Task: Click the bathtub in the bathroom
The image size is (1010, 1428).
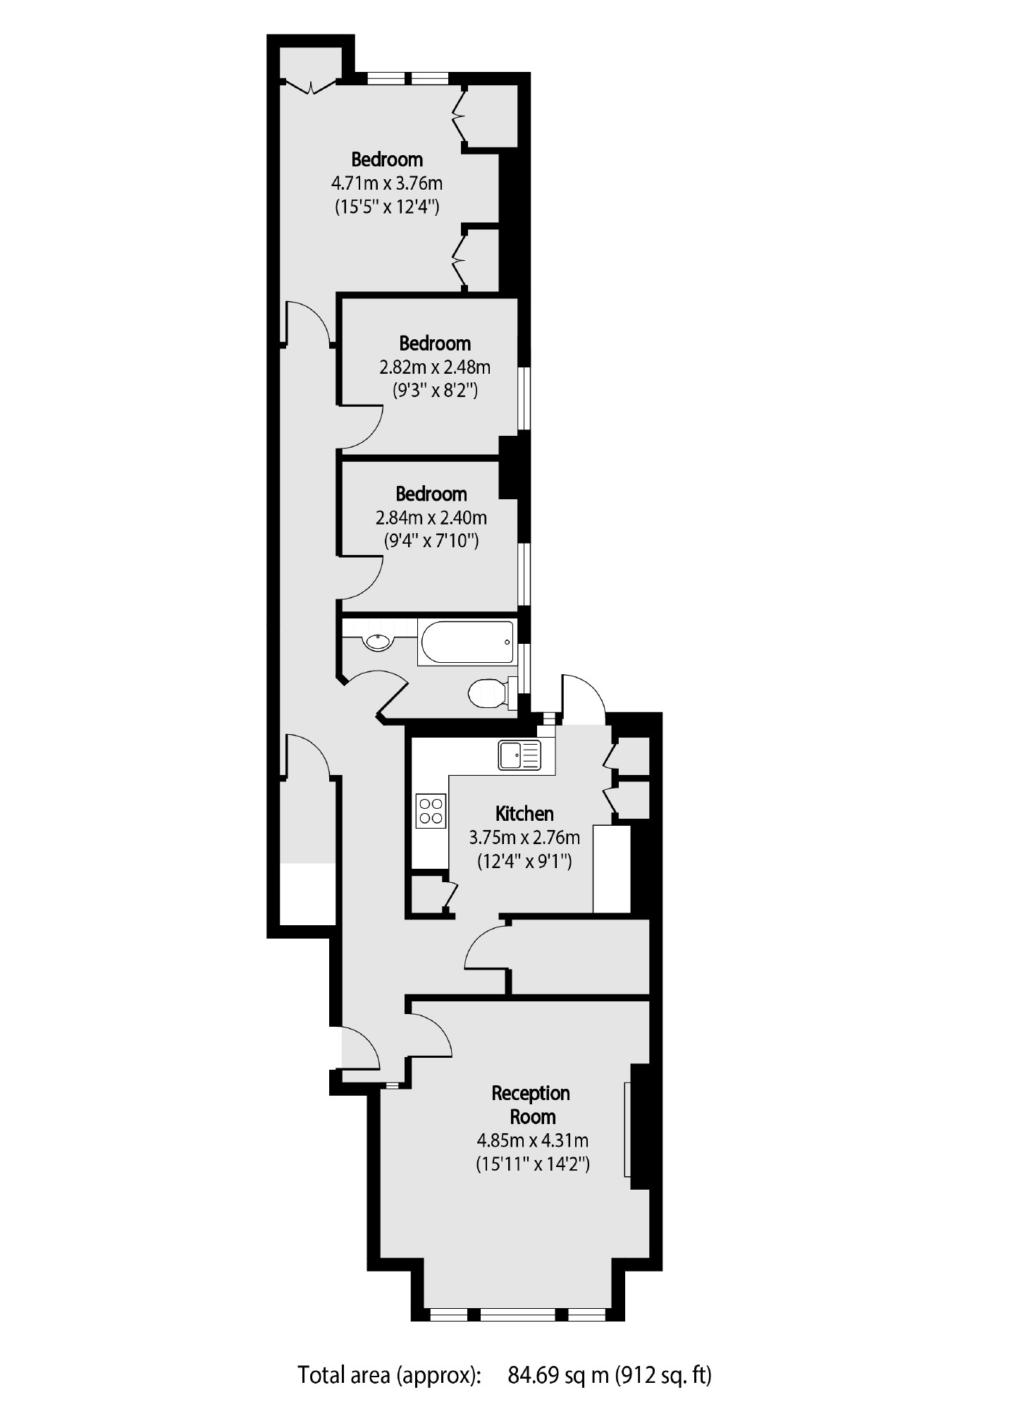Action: [466, 642]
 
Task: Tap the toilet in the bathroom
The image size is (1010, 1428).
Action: [486, 692]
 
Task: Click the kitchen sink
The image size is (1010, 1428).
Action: [519, 755]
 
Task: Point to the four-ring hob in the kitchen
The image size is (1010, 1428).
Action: [430, 810]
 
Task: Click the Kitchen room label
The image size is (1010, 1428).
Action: [524, 814]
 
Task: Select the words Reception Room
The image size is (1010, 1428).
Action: [531, 1105]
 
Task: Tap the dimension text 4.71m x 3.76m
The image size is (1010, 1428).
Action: [387, 183]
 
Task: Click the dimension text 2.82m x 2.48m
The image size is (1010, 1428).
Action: [435, 367]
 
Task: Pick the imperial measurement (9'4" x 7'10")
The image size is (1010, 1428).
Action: [431, 541]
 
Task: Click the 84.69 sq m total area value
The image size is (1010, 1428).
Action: [558, 1374]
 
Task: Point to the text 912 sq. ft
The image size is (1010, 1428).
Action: [663, 1374]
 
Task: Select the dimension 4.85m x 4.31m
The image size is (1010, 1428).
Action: [533, 1140]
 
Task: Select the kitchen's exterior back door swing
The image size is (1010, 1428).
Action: [584, 698]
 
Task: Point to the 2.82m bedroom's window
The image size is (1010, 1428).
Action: [524, 398]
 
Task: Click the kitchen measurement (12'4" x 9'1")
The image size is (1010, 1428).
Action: [524, 861]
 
